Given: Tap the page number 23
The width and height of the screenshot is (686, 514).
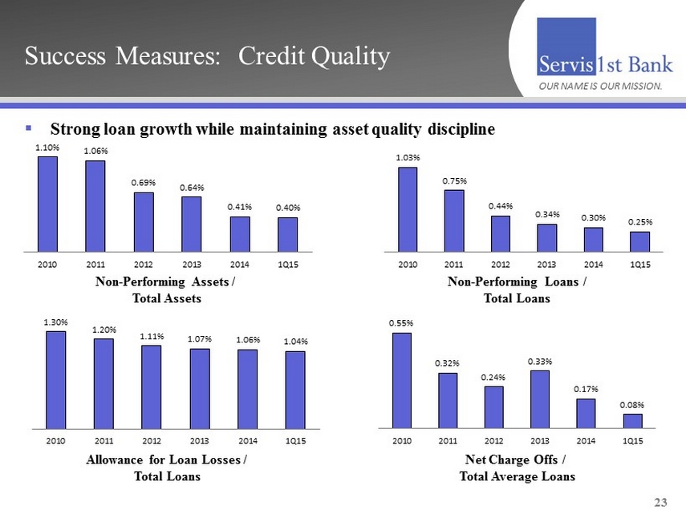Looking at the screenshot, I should tap(660, 502).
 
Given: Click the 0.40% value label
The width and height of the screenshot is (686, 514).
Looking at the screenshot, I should tap(287, 208).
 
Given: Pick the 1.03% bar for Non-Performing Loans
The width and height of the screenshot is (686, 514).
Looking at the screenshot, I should tap(408, 208).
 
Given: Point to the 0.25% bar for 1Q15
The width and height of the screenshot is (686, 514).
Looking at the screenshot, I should tap(639, 241).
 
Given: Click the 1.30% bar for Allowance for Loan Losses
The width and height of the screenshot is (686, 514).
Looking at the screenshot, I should tap(56, 379).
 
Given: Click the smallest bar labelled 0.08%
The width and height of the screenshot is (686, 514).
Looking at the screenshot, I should tap(633, 421).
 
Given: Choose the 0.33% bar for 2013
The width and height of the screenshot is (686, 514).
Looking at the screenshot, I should tap(540, 399).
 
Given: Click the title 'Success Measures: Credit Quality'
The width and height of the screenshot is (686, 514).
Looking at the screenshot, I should tap(207, 56).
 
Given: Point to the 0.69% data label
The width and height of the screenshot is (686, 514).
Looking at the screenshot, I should tap(144, 184).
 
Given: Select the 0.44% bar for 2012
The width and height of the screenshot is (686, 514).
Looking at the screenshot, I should tap(501, 233).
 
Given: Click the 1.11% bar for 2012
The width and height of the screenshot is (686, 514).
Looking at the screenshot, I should tap(152, 387).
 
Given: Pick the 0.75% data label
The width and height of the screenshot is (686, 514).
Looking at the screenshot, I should tap(454, 181).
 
